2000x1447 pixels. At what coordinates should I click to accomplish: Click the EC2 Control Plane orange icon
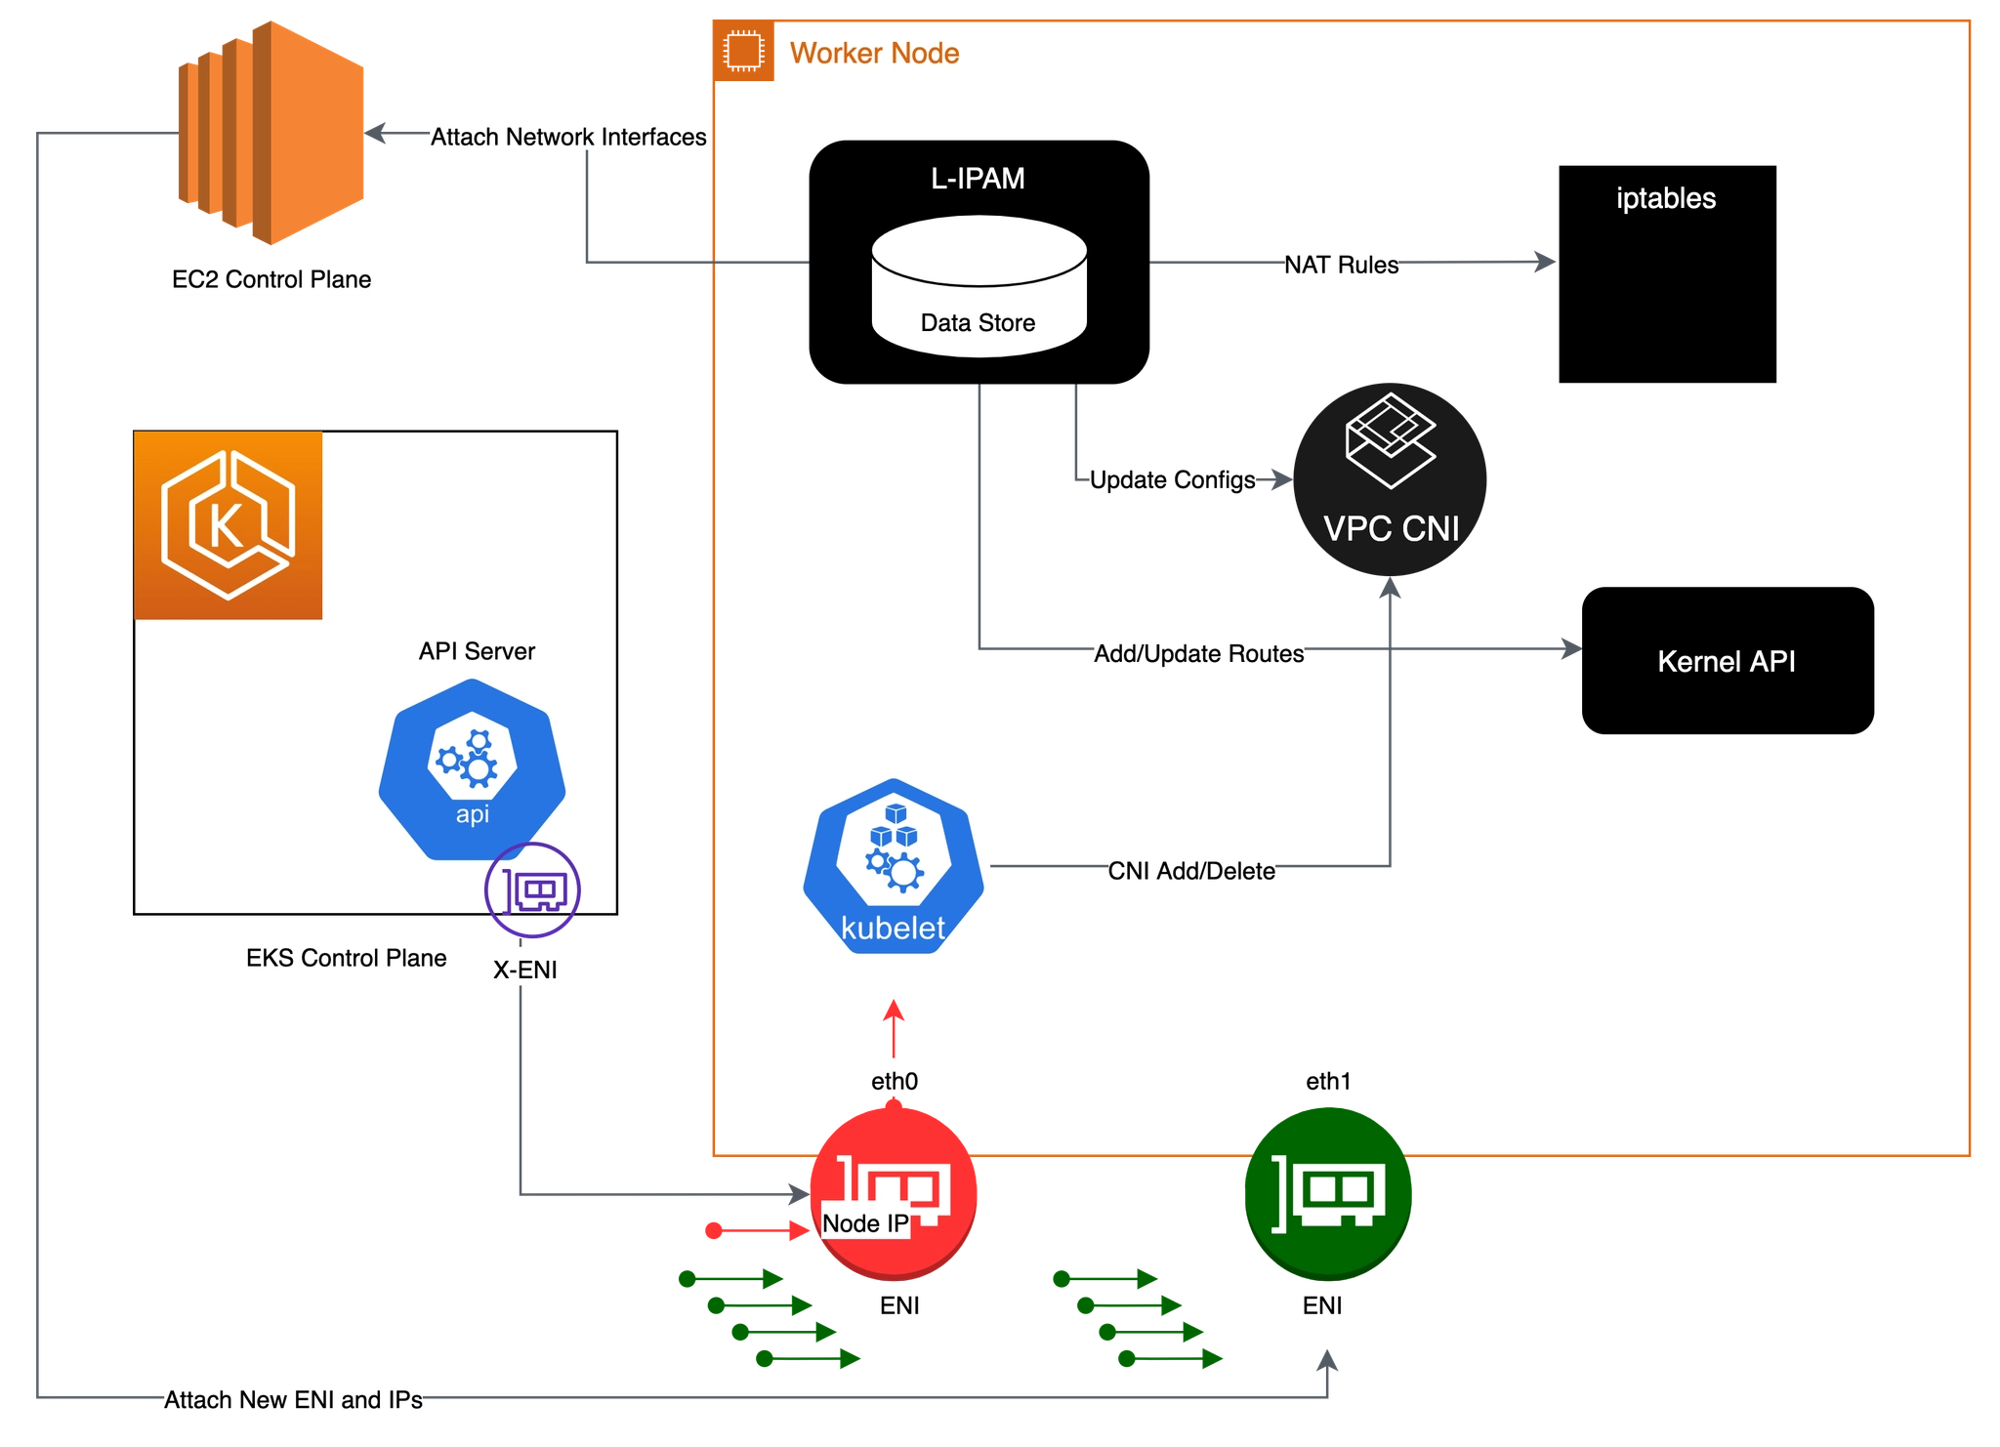point(271,133)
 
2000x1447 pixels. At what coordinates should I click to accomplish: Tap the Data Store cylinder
point(979,286)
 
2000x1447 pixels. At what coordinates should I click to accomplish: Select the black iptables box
point(1667,273)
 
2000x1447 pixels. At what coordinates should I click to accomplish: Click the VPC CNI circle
point(1390,479)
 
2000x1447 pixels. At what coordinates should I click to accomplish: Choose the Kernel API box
point(1728,660)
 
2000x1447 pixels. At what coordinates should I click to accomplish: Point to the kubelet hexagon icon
point(894,866)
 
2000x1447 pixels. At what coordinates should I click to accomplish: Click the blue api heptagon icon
point(473,770)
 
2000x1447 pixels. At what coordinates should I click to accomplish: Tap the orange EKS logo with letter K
point(229,525)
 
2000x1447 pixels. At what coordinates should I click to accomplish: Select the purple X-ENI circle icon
point(532,889)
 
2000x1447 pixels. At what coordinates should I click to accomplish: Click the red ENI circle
point(894,1192)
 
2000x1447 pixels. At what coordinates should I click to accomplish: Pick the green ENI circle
point(1328,1193)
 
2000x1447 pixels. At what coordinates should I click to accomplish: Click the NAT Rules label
point(1341,265)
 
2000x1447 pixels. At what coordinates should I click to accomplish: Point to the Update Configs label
point(1172,479)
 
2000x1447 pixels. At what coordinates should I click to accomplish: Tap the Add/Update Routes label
point(1199,653)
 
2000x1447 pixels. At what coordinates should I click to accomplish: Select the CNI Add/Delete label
point(1191,871)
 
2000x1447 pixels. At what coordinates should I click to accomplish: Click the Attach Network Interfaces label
point(568,137)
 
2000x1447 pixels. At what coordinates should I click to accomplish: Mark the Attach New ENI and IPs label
point(293,1400)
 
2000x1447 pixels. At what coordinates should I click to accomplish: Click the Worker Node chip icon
point(744,51)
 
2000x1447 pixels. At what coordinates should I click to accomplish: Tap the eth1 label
point(1328,1081)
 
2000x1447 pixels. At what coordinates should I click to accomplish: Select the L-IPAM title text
point(978,179)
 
